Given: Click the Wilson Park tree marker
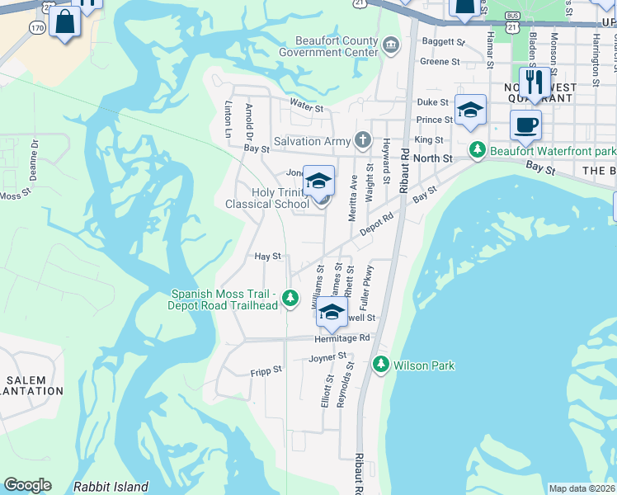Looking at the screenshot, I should click(381, 364).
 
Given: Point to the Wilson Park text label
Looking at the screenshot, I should click(424, 365).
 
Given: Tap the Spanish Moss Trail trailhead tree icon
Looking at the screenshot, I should click(290, 299).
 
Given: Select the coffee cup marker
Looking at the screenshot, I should click(525, 126).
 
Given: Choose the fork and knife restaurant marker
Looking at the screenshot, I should click(534, 82).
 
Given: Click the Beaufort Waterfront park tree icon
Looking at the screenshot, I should click(476, 151).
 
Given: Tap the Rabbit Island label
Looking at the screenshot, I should click(111, 487).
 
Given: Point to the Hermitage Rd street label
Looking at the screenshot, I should click(341, 338).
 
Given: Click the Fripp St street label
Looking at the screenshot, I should click(266, 372).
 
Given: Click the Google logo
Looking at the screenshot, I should click(27, 485).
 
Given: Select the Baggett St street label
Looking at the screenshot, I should click(443, 41).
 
